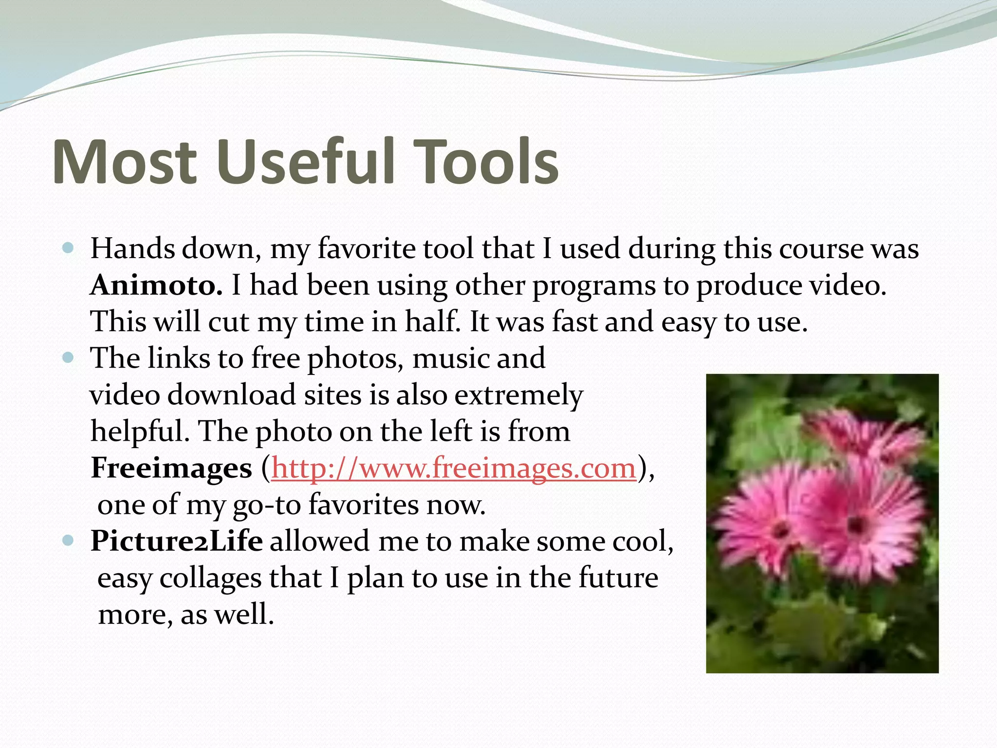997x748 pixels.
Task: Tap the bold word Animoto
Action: pyautogui.click(x=156, y=285)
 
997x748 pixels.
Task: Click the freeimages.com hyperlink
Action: pyautogui.click(x=454, y=468)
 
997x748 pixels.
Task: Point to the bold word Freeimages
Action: pyautogui.click(x=171, y=468)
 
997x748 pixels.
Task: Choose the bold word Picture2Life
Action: pyautogui.click(x=177, y=541)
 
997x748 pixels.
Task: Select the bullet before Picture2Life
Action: pyautogui.click(x=68, y=541)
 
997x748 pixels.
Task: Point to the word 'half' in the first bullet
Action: pyautogui.click(x=433, y=322)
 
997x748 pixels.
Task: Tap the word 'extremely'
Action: pyautogui.click(x=518, y=395)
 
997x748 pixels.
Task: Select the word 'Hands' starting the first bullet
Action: pyautogui.click(x=132, y=249)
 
